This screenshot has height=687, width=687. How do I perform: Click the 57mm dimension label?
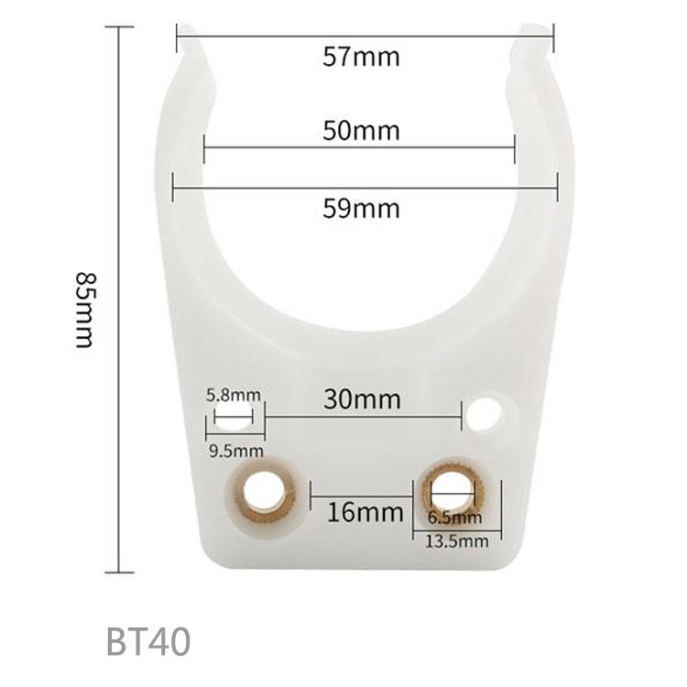pyautogui.click(x=362, y=57)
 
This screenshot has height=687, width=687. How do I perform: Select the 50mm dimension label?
pyautogui.click(x=362, y=131)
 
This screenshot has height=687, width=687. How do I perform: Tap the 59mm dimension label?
pyautogui.click(x=362, y=209)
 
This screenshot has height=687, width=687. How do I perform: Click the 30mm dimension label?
pyautogui.click(x=362, y=399)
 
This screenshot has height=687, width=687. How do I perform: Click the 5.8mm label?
pyautogui.click(x=233, y=396)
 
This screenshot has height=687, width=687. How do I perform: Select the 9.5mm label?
pyautogui.click(x=236, y=451)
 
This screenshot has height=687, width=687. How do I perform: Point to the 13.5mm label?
pyautogui.click(x=457, y=541)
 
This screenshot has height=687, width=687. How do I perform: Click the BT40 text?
pyautogui.click(x=148, y=641)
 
